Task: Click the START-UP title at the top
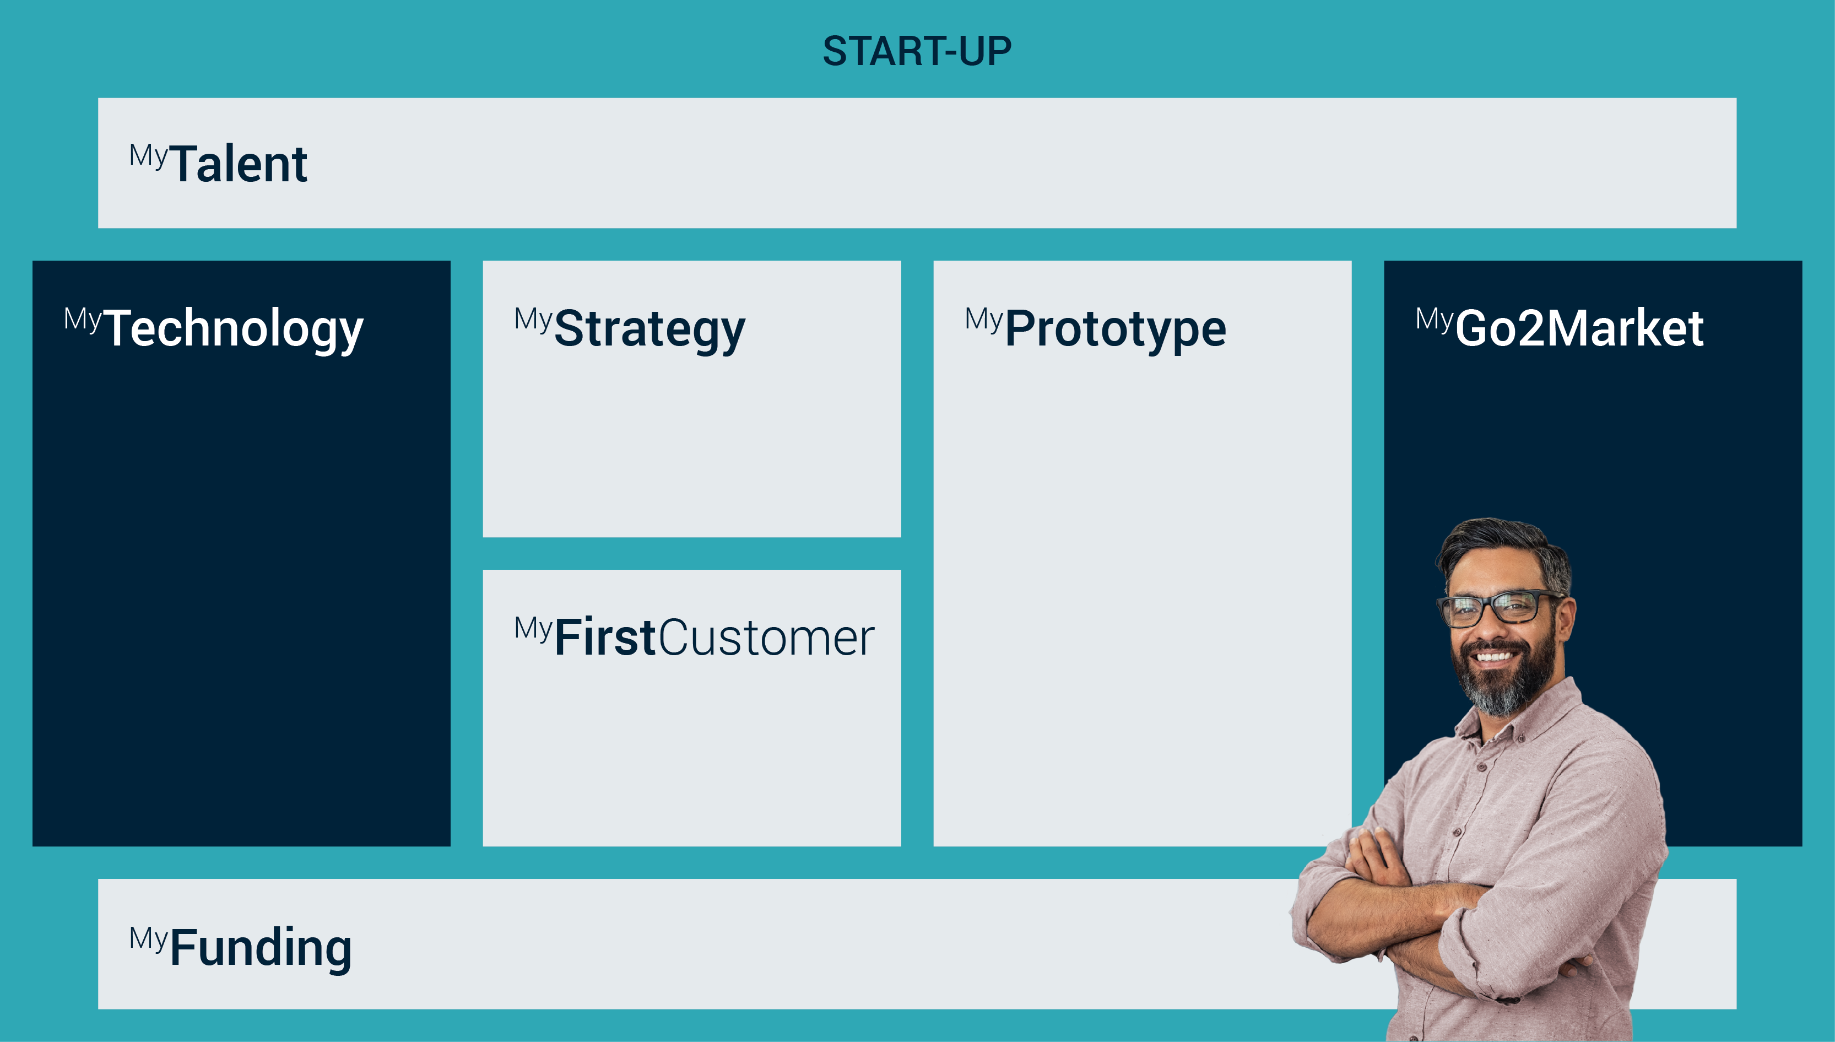tap(917, 52)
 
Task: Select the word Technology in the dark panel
tap(234, 328)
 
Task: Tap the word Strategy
tap(649, 328)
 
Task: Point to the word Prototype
tap(1116, 328)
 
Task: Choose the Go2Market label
tap(1579, 328)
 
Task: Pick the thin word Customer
tap(766, 638)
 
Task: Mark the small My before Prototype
tap(984, 319)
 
